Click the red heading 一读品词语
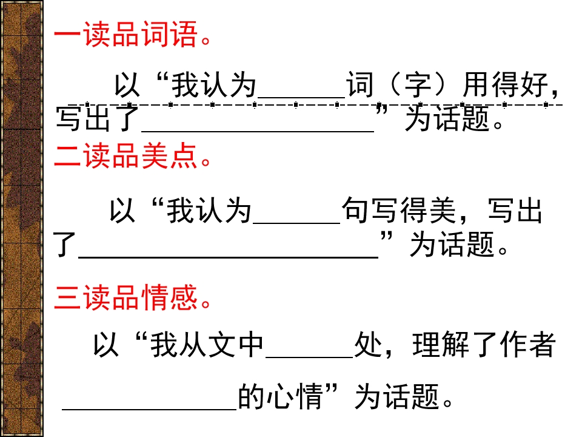tap(133, 34)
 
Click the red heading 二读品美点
tap(133, 156)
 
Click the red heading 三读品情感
tap(133, 297)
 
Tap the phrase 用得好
tap(506, 85)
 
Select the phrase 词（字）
tap(402, 85)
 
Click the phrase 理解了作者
tap(484, 345)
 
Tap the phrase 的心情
tap(280, 396)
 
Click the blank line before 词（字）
tap(301, 97)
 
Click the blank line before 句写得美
tap(296, 223)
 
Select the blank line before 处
tap(309, 357)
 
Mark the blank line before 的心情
tap(149, 409)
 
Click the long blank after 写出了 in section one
tap(258, 131)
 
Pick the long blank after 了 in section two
tap(229, 257)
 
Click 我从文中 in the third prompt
tap(207, 345)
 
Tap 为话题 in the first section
tap(447, 119)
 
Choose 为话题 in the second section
tap(452, 245)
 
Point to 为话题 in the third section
tap(397, 396)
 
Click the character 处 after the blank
tap(368, 345)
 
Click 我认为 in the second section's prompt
tap(209, 211)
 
